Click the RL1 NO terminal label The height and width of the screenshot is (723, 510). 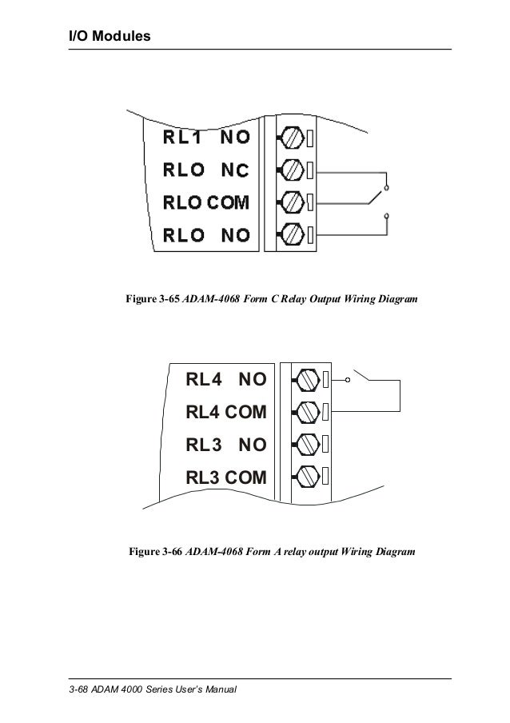pos(206,138)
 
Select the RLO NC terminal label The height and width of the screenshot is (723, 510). pos(206,170)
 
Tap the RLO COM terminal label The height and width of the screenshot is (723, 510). pos(206,202)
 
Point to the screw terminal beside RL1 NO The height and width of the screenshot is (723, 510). pos(293,138)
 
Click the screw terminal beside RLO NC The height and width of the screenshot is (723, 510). pos(293,170)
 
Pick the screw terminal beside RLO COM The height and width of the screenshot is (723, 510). pos(293,202)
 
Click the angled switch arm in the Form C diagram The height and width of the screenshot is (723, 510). pos(376,197)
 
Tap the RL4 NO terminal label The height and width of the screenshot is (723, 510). pos(226,378)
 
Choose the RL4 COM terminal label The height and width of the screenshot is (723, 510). pos(226,412)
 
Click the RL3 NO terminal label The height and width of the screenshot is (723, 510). pos(226,445)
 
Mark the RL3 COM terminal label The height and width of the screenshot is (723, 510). pos(226,477)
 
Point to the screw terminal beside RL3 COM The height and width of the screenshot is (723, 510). pos(308,476)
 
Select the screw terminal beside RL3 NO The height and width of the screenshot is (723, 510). pos(308,443)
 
